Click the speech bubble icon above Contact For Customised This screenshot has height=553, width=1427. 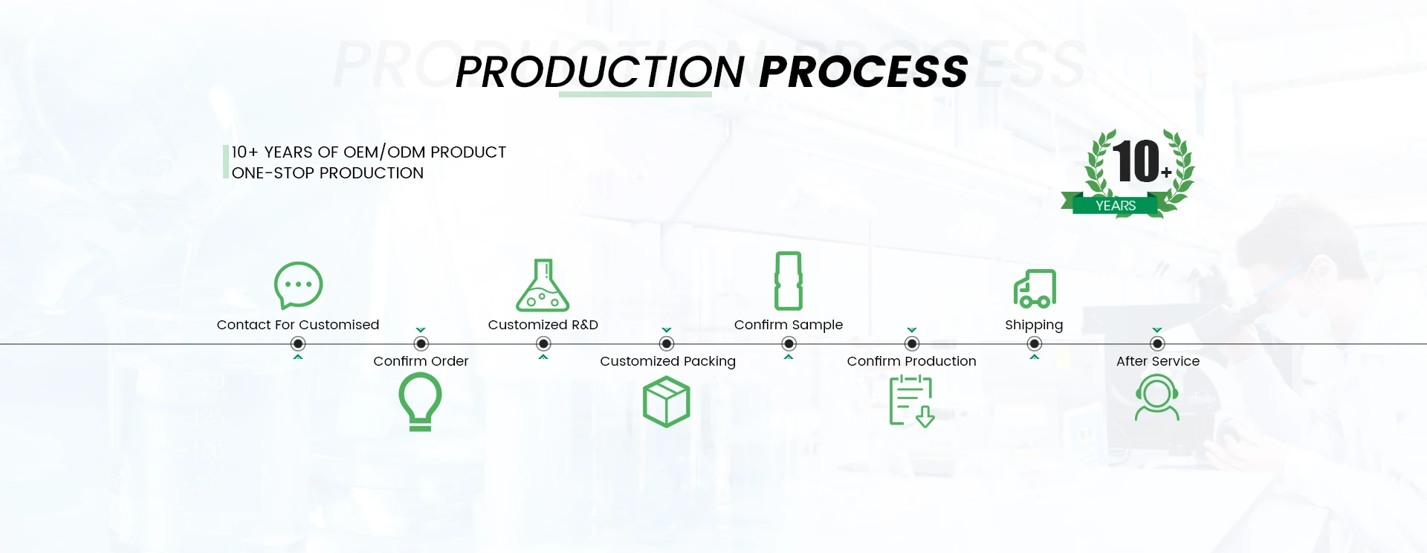coord(298,285)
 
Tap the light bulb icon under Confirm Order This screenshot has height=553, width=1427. coord(421,401)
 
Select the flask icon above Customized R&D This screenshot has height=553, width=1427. coord(543,285)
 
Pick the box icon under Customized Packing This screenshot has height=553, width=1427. coord(666,401)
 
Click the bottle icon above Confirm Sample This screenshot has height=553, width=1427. coord(789,280)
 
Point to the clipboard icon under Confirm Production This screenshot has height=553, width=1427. coord(911,401)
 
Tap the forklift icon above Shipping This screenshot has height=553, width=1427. coord(1035,288)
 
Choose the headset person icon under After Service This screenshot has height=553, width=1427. coord(1157,398)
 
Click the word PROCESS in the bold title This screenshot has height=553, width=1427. coord(864,72)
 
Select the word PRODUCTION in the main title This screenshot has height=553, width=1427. coord(600,72)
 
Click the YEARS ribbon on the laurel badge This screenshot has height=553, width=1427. coord(1116,206)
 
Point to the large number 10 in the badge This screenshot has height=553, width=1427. coord(1136,161)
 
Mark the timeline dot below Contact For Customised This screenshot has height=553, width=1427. coord(298,343)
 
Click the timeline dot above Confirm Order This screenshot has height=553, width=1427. coord(421,343)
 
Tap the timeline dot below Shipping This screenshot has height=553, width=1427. coord(1035,343)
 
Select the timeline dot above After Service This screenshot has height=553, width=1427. coord(1157,343)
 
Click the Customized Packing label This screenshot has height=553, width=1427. coord(667,361)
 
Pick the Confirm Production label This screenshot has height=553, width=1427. coord(911,361)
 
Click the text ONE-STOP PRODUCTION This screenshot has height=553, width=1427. coord(328,173)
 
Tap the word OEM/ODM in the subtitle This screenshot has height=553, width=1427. coord(384,152)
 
